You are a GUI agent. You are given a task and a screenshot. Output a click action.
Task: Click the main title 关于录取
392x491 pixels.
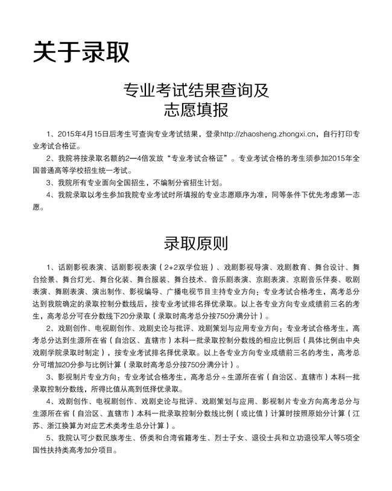(x=81, y=52)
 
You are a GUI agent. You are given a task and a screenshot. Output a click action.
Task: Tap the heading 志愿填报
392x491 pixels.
(x=196, y=110)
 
